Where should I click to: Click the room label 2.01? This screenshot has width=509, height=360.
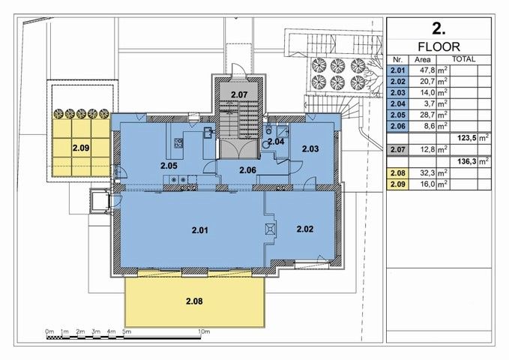click(199, 230)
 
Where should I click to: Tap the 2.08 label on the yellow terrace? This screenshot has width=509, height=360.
click(194, 301)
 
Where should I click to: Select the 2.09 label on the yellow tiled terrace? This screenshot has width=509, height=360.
click(81, 148)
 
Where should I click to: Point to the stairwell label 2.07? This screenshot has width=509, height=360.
click(239, 94)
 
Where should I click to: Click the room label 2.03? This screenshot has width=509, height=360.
click(310, 148)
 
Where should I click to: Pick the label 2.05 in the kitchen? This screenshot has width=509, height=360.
click(169, 166)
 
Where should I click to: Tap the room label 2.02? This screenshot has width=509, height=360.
click(305, 229)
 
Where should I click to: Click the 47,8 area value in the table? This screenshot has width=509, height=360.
click(427, 70)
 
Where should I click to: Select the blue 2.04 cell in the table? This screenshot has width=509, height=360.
click(397, 104)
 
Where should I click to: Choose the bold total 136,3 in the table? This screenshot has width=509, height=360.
click(467, 161)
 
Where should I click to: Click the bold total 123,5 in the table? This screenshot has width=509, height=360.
click(467, 138)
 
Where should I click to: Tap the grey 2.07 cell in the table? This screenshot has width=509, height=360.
click(397, 149)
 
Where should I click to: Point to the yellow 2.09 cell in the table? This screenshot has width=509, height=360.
click(397, 184)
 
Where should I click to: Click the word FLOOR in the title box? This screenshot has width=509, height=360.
click(439, 47)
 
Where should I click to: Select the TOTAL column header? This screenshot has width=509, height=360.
click(464, 59)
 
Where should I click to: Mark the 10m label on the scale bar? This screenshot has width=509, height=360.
click(204, 331)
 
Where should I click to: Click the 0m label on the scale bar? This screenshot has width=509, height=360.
click(49, 331)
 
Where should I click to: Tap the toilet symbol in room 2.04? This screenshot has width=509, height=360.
click(268, 130)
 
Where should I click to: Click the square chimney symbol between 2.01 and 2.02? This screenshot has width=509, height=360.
click(271, 229)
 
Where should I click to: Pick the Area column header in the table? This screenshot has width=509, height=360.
click(422, 59)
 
